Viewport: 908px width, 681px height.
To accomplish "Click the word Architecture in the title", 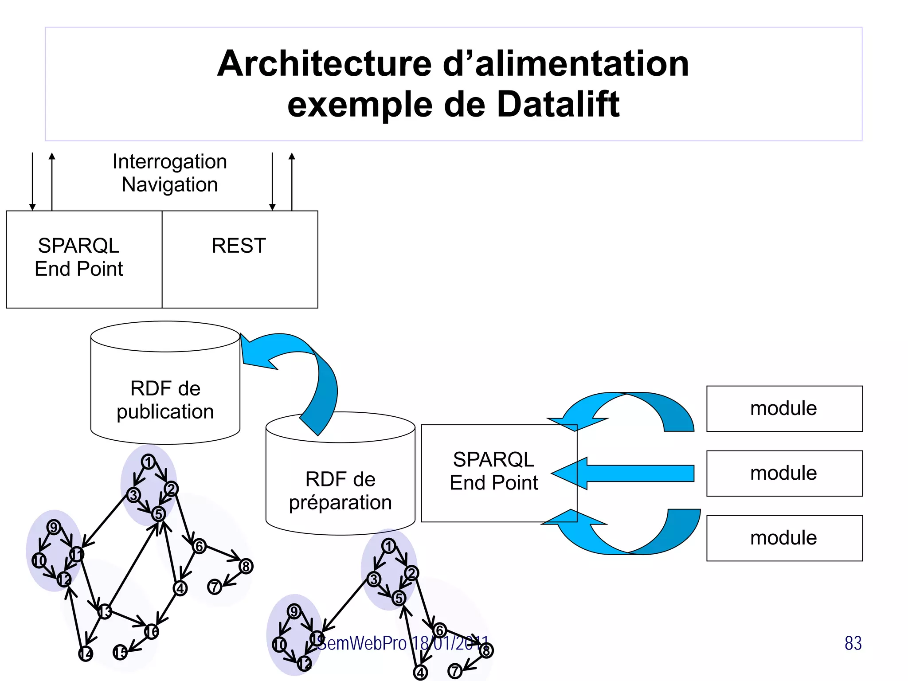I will [324, 63].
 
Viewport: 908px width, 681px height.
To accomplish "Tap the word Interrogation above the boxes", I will [169, 161].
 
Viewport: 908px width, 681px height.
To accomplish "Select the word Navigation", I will [169, 184].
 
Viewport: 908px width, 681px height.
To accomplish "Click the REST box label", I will [239, 246].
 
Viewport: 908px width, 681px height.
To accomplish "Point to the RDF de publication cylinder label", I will [165, 400].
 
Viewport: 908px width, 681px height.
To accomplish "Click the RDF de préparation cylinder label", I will [340, 491].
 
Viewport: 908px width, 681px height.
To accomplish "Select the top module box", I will [784, 408].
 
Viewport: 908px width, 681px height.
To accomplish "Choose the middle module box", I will [784, 473].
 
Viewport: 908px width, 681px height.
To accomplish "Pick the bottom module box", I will [784, 538].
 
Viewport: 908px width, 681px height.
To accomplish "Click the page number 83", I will [853, 643].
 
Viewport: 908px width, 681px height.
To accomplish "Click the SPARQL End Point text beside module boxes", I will [493, 471].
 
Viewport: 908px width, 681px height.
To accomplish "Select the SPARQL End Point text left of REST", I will [78, 257].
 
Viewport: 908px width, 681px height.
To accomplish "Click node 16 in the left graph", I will [152, 631].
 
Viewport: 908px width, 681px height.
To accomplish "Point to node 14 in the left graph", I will [86, 654].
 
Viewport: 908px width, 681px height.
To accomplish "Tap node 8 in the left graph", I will [246, 566].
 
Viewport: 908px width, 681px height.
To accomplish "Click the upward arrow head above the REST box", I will [292, 156].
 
